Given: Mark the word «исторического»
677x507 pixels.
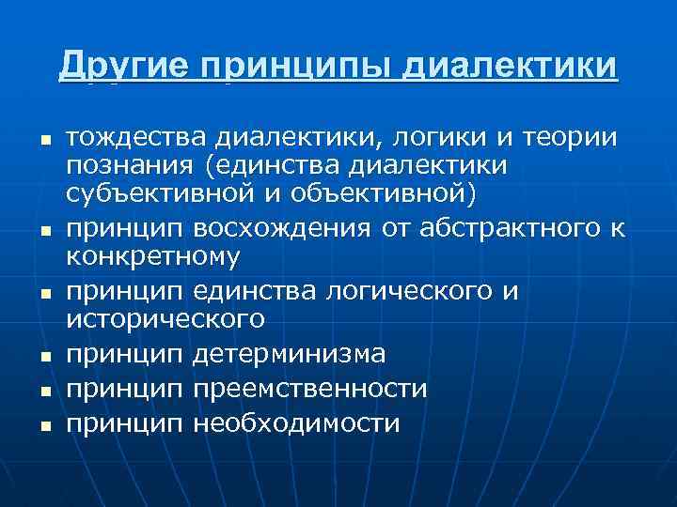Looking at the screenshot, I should pyautogui.click(x=165, y=318).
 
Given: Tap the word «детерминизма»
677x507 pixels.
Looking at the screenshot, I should pyautogui.click(x=289, y=354).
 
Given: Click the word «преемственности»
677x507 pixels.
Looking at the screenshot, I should pyautogui.click(x=310, y=389).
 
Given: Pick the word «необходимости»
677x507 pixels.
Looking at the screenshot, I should pyautogui.click(x=296, y=423).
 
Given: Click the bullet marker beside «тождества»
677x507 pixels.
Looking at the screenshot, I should pyautogui.click(x=41, y=140).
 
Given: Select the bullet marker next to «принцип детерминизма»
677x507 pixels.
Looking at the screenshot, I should pyautogui.click(x=41, y=356).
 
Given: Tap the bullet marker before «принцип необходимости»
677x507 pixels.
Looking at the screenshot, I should pyautogui.click(x=41, y=425).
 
